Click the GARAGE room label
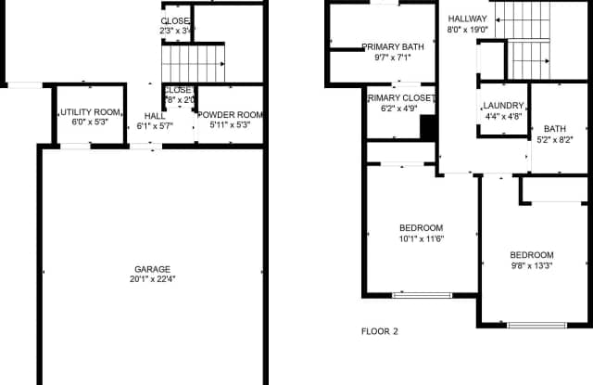(x=151, y=270)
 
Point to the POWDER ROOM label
(x=231, y=115)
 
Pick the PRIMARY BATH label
(x=392, y=46)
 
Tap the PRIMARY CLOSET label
(x=400, y=96)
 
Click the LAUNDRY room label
(x=503, y=106)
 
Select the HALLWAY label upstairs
(x=468, y=19)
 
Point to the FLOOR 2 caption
(x=379, y=330)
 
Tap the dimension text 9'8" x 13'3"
(x=531, y=266)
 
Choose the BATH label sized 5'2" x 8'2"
(x=555, y=129)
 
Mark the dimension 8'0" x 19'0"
(x=468, y=30)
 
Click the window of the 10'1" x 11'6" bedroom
(x=422, y=295)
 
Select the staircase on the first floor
(x=194, y=63)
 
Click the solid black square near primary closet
(x=428, y=126)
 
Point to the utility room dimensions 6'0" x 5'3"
(x=90, y=123)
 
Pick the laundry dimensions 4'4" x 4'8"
(x=503, y=117)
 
